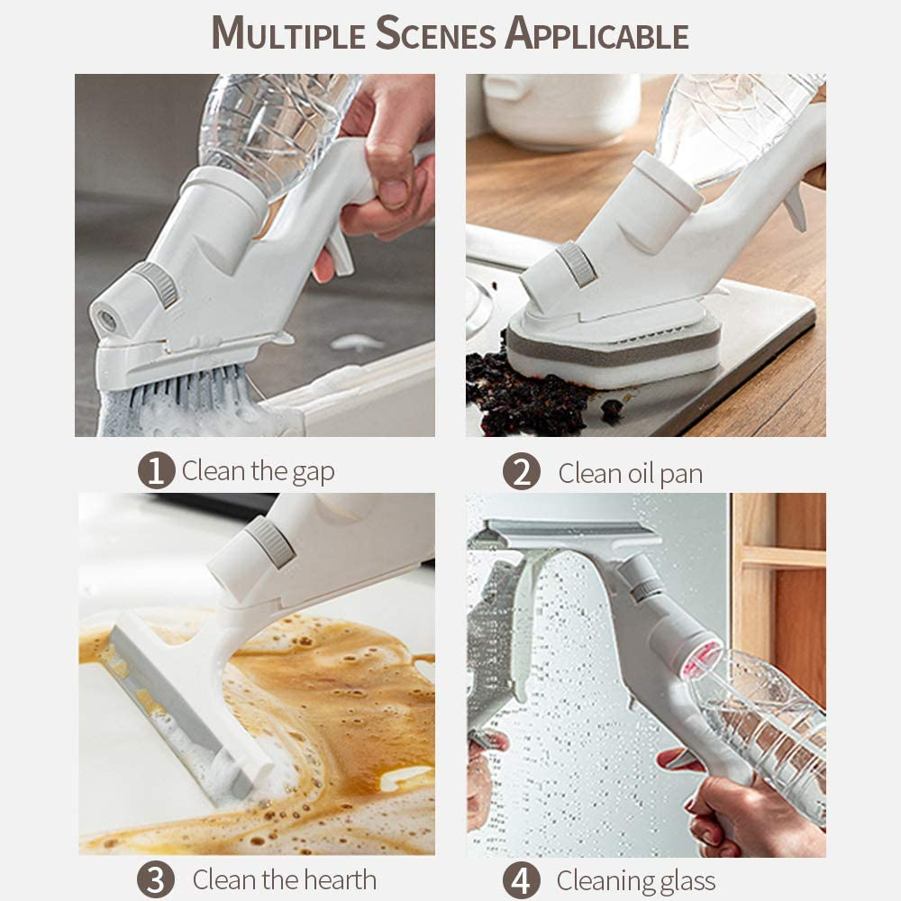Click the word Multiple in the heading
point(288,33)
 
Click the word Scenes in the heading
point(435,33)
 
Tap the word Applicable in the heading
point(597,33)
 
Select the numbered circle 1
point(156,470)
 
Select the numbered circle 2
point(521,472)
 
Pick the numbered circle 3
point(156,879)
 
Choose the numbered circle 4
point(521,880)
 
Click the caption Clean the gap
point(258,471)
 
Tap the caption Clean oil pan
point(631,474)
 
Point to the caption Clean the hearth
point(285,879)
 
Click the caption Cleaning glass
point(635,881)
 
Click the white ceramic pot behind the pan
point(560,109)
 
